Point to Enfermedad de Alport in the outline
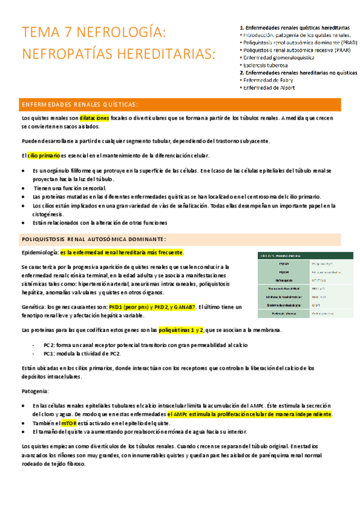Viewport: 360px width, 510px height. (x=268, y=88)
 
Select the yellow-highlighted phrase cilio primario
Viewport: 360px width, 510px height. (x=44, y=156)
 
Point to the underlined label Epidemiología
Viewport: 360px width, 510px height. (x=40, y=252)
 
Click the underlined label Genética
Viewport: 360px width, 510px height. (x=33, y=307)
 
